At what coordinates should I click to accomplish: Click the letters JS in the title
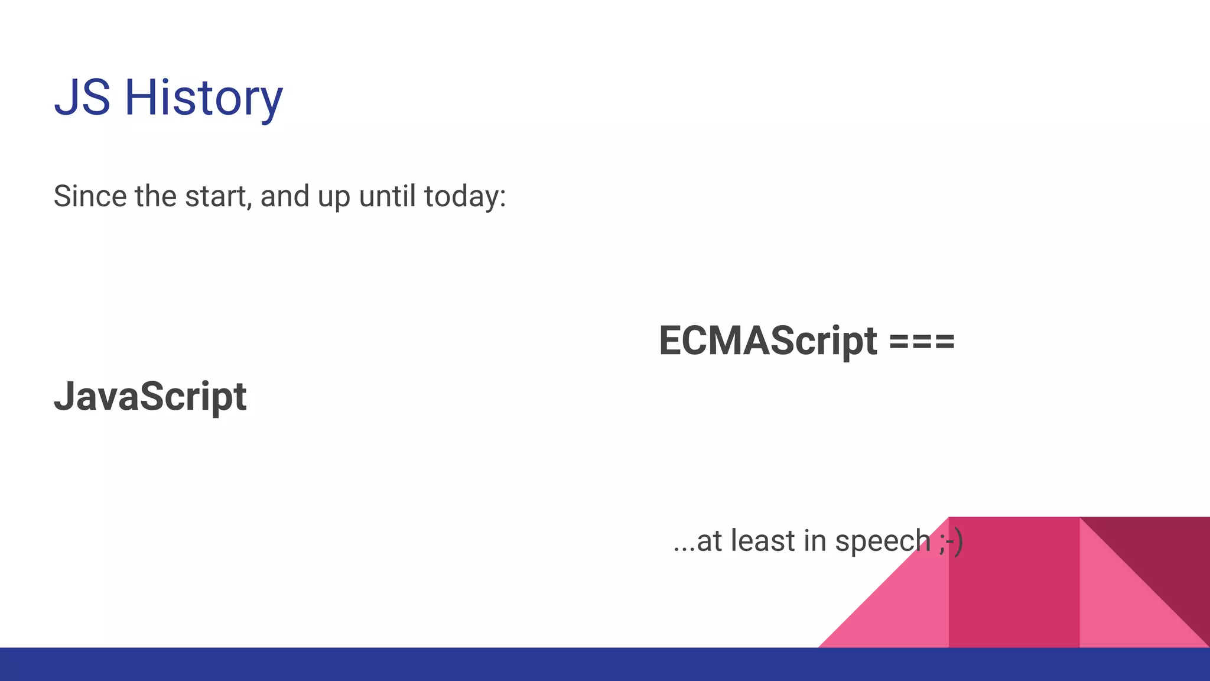[82, 98]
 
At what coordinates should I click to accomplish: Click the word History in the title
[203, 99]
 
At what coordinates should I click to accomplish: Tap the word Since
[90, 196]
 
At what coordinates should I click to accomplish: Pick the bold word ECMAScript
[767, 341]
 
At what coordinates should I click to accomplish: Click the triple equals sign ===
[922, 342]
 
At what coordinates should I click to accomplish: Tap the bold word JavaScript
[150, 397]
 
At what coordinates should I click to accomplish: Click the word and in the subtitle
[285, 196]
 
